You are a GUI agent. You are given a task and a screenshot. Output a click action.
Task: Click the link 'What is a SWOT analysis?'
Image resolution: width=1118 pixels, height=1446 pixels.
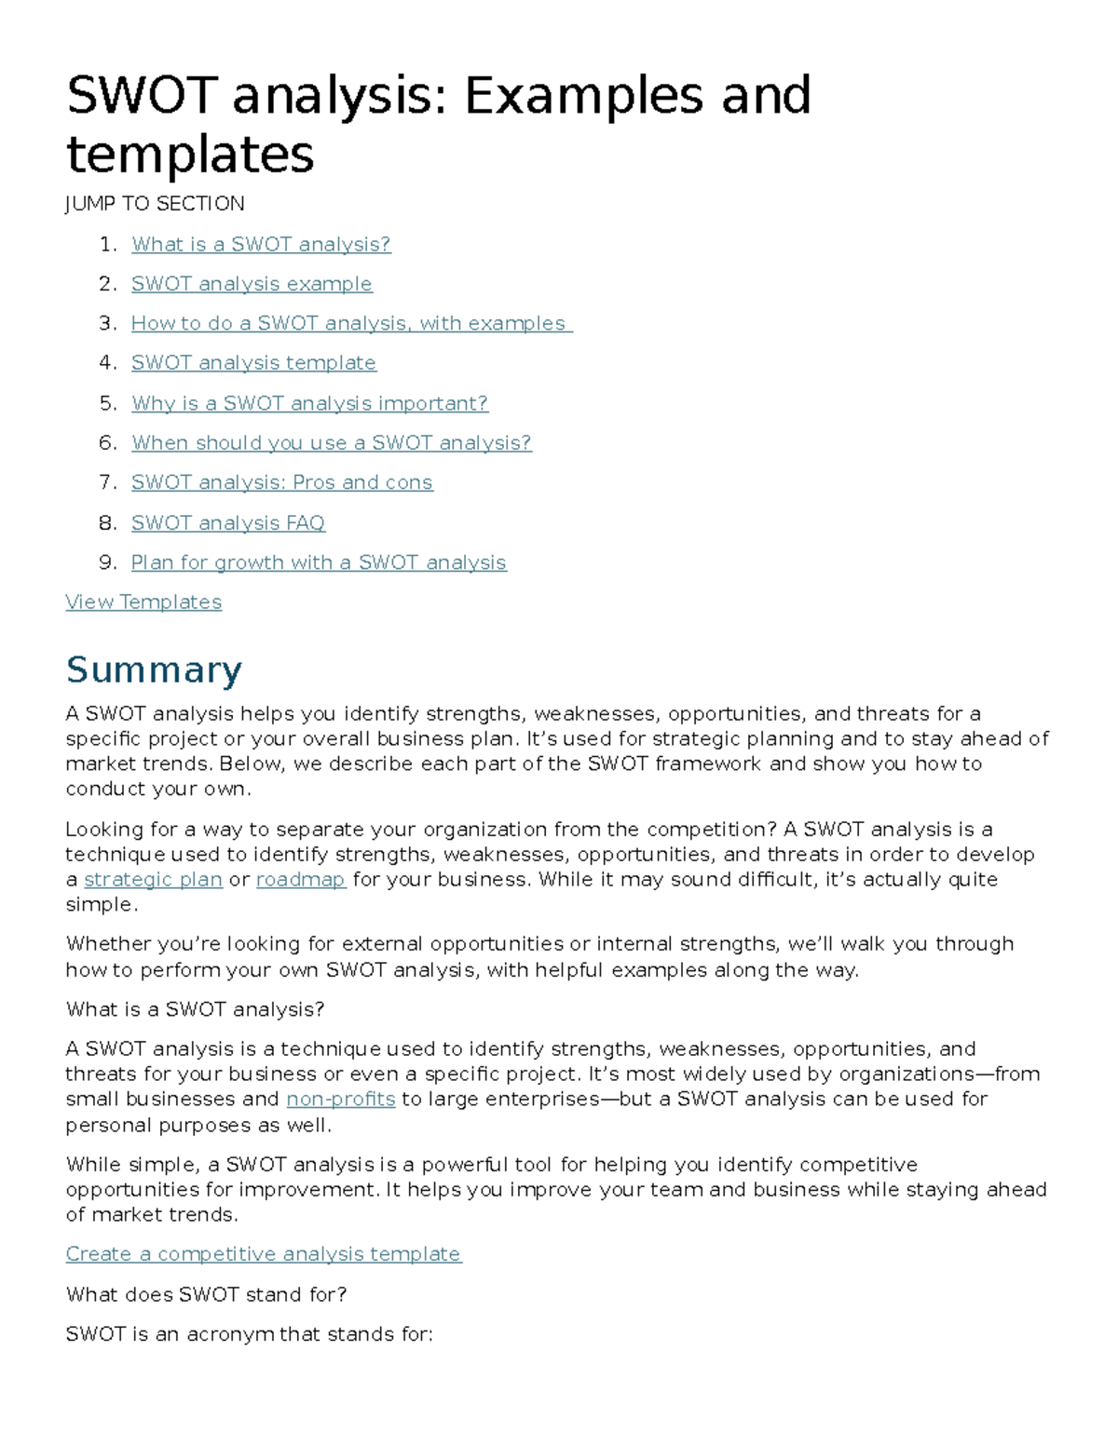click(x=261, y=244)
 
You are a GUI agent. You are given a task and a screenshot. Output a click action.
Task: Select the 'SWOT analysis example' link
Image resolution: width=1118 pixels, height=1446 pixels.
click(x=252, y=284)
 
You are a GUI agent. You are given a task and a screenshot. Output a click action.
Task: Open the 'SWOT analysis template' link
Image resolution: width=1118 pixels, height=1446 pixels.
click(x=253, y=363)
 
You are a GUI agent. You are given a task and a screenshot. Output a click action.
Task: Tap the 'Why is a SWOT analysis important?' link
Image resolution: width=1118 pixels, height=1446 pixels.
click(x=309, y=403)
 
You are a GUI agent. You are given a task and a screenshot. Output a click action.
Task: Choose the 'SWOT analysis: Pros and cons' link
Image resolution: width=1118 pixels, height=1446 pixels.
click(x=281, y=482)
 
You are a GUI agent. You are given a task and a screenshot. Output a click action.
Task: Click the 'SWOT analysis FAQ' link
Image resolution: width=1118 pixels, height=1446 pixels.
click(x=227, y=523)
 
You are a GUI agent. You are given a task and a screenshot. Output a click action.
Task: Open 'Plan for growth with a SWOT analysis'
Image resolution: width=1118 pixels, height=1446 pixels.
click(x=319, y=562)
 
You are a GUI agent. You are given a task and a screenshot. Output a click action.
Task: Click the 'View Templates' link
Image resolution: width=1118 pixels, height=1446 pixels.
click(x=143, y=602)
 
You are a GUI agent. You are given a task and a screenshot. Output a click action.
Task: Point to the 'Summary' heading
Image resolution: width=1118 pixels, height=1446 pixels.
click(x=154, y=669)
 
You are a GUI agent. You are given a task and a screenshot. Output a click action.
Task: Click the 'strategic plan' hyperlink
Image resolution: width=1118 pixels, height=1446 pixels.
click(x=153, y=880)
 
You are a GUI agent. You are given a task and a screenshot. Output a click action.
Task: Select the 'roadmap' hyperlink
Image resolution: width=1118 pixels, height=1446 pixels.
click(x=300, y=880)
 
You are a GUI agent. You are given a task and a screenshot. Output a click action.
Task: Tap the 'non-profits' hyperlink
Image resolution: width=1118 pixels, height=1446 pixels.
click(x=340, y=1100)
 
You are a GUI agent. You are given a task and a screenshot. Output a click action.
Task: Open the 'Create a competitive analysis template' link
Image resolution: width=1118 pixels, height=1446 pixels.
click(x=263, y=1254)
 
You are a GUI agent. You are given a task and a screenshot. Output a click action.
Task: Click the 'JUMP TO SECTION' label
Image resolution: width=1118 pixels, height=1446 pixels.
click(x=155, y=204)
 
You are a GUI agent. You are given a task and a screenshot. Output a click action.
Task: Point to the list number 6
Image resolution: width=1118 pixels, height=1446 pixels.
click(x=107, y=443)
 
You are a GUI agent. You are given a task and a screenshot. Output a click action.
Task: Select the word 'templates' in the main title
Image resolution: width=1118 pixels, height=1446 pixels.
click(x=190, y=155)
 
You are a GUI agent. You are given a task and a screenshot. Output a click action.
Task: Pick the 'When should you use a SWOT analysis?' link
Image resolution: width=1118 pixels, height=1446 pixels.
click(x=331, y=443)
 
